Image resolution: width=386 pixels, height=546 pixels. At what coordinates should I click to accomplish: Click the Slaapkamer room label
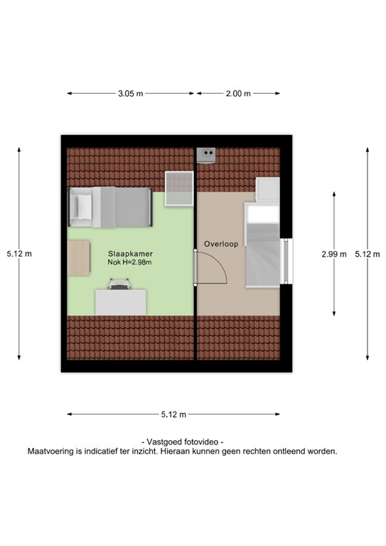(x=130, y=253)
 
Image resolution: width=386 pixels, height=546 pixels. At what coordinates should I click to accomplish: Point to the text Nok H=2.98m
(x=130, y=262)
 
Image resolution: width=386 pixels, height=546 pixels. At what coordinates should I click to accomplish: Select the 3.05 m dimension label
(x=131, y=93)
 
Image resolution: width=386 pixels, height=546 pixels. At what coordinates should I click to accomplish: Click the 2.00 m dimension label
(x=237, y=93)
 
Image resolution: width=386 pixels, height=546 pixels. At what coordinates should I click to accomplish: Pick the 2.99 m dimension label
(x=333, y=254)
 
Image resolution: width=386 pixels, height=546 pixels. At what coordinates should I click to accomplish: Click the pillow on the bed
(x=81, y=207)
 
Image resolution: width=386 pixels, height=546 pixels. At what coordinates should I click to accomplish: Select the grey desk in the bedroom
(x=121, y=303)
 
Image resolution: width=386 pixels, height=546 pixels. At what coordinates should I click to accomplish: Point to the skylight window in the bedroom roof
(x=179, y=188)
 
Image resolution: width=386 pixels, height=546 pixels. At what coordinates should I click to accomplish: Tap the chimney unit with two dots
(x=208, y=153)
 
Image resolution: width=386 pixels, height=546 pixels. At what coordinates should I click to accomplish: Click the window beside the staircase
(x=287, y=259)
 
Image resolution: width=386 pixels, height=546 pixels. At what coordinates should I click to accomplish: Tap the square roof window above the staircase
(x=268, y=188)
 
